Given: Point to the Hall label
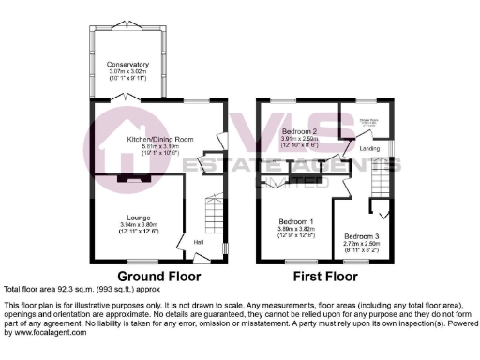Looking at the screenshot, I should coord(199,243).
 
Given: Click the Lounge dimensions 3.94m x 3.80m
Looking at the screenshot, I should coord(130,225).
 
